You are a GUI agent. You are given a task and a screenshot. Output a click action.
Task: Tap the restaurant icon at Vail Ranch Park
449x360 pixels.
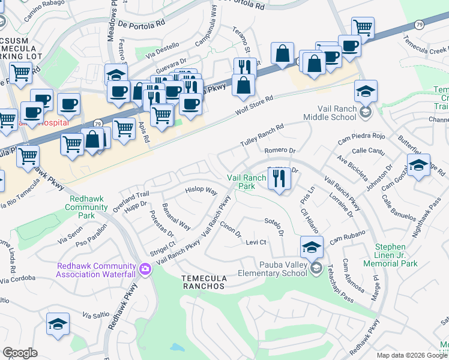[x=279, y=179]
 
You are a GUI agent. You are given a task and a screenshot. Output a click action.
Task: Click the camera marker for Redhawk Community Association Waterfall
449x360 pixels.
[x=144, y=269]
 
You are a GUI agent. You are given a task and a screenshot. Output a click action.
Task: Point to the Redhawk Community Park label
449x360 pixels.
[x=88, y=207]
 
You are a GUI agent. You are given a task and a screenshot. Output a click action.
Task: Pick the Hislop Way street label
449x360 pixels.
[x=200, y=190]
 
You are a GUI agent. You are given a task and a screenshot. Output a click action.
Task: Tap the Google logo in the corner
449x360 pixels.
[x=20, y=353]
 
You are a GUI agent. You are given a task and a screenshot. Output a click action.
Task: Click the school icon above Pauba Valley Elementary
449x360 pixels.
[x=312, y=246]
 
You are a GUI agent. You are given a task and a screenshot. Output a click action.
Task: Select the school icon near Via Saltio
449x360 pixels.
[x=58, y=325]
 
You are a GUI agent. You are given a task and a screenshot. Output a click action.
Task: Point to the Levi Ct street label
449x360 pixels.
[x=256, y=242]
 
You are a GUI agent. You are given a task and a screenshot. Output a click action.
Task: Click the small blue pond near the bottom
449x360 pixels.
[x=177, y=347]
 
